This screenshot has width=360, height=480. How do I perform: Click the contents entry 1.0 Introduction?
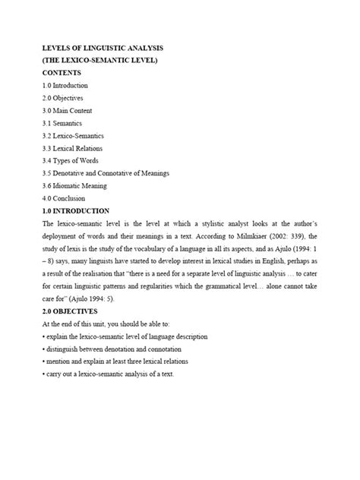pos(66,86)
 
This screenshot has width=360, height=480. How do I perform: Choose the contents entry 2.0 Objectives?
pos(63,98)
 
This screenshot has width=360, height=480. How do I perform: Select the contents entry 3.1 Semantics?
pos(62,123)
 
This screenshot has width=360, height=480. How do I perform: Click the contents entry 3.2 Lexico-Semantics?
pos(74,135)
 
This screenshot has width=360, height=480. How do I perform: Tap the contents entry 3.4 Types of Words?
pos(71,160)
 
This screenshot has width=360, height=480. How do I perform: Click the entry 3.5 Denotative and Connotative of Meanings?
pos(106,173)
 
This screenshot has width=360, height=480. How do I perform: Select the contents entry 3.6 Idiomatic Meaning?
pos(75,185)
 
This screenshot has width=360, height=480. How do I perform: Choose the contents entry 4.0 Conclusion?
pos(65,197)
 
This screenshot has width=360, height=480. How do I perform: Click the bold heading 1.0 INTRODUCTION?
pos(77,210)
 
